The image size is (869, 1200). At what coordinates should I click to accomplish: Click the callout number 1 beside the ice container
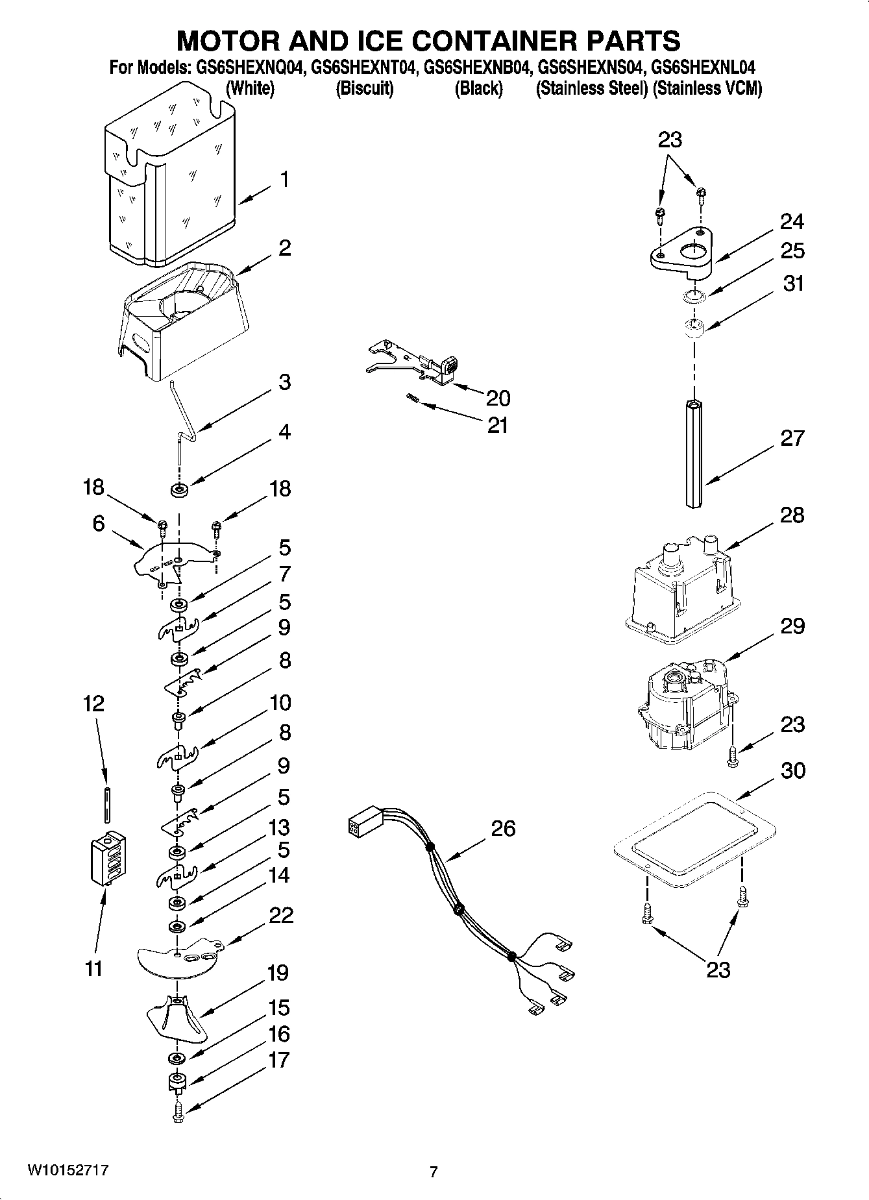pyautogui.click(x=284, y=180)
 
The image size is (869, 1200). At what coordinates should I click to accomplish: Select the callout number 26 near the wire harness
pyautogui.click(x=503, y=828)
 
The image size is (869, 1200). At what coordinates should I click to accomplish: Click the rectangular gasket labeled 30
pyautogui.click(x=694, y=840)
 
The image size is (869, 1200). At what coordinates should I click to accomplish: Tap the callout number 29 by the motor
pyautogui.click(x=792, y=626)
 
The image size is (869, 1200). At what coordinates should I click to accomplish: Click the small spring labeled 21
pyautogui.click(x=412, y=398)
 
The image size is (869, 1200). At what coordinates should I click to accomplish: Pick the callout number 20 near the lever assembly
pyautogui.click(x=498, y=397)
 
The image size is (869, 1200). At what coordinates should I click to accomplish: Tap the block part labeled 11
pyautogui.click(x=108, y=858)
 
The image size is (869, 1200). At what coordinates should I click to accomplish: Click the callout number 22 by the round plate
pyautogui.click(x=281, y=915)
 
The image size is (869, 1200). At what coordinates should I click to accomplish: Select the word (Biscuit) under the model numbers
pyautogui.click(x=364, y=89)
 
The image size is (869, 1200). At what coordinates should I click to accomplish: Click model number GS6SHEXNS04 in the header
pyautogui.click(x=591, y=67)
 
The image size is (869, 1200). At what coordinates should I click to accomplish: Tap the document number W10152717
pyautogui.click(x=67, y=1170)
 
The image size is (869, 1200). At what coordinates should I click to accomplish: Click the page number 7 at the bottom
pyautogui.click(x=434, y=1171)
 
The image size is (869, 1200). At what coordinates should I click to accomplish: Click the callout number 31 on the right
pyautogui.click(x=793, y=284)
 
